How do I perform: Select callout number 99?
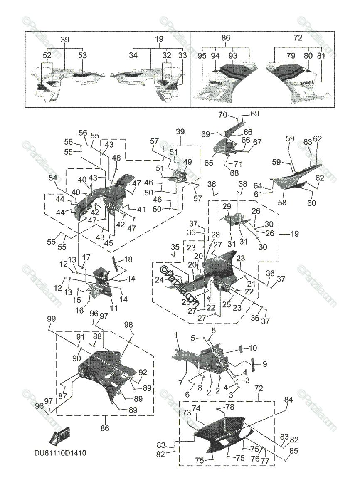tap(51, 319)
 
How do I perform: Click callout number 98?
tap(128, 324)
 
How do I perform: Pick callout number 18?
tap(128, 259)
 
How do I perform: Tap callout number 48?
tap(116, 158)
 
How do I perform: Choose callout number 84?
tap(288, 400)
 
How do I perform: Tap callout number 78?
tap(230, 406)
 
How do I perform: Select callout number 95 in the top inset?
tap(202, 55)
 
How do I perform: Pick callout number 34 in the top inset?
tap(133, 55)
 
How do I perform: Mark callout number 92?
tap(143, 372)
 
